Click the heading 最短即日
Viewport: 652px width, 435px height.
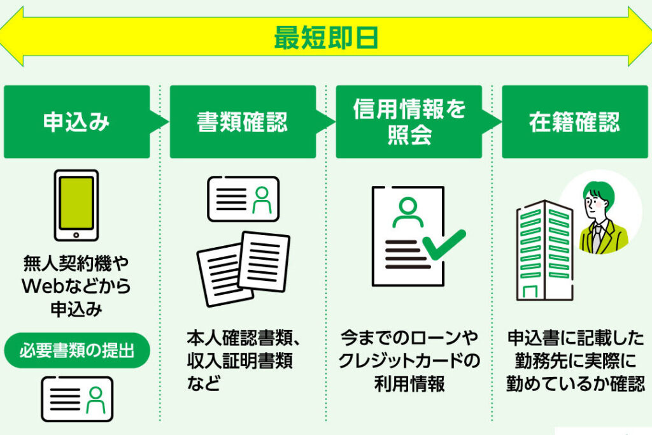pos(326,38)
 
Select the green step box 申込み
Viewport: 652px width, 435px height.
pos(76,122)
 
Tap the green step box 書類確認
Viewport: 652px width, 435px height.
pos(242,122)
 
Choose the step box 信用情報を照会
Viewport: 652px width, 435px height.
pos(409,122)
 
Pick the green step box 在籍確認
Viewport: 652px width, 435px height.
pos(574,122)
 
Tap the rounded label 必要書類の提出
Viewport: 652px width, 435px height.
pos(76,350)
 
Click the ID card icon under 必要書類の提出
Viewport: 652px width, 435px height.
pos(77,399)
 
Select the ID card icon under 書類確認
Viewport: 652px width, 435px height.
pos(243,199)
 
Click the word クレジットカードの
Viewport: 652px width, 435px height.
pos(409,361)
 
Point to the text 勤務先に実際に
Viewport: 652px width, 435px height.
pos(574,361)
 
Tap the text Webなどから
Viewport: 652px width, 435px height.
pos(76,286)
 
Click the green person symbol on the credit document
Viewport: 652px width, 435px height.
pos(407,212)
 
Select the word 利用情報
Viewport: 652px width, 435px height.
pos(409,384)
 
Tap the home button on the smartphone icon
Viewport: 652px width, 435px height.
pos(76,234)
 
